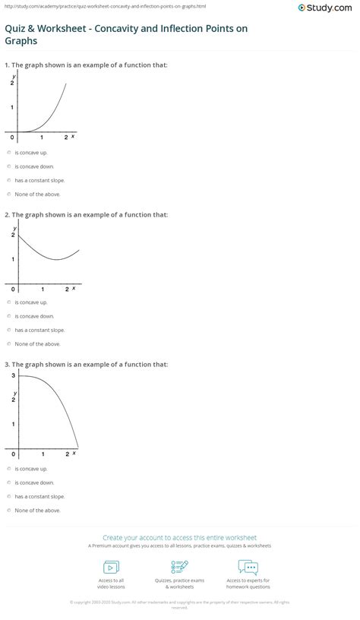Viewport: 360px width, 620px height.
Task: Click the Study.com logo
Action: click(x=326, y=8)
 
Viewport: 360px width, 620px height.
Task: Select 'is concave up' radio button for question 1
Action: click(x=8, y=152)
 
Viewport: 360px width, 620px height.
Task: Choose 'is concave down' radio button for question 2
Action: click(x=8, y=316)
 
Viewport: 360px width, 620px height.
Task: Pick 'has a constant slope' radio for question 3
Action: click(x=8, y=496)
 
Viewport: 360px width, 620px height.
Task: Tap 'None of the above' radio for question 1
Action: click(x=8, y=194)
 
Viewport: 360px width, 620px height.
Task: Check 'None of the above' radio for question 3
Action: click(x=8, y=510)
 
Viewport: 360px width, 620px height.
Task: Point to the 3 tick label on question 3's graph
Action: click(x=13, y=375)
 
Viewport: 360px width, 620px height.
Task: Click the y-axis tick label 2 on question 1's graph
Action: click(x=12, y=82)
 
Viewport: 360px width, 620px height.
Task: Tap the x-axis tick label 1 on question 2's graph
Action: click(x=43, y=289)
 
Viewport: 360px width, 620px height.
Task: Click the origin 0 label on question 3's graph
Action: click(x=13, y=454)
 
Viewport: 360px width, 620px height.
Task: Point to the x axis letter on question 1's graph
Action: click(x=73, y=138)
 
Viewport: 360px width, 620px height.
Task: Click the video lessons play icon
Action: click(x=111, y=568)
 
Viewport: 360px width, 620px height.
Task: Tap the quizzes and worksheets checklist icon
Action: click(x=180, y=568)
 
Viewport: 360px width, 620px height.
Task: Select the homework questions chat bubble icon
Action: click(x=248, y=568)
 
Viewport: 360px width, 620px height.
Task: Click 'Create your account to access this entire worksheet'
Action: click(x=179, y=537)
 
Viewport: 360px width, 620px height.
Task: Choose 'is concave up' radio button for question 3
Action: click(x=8, y=469)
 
